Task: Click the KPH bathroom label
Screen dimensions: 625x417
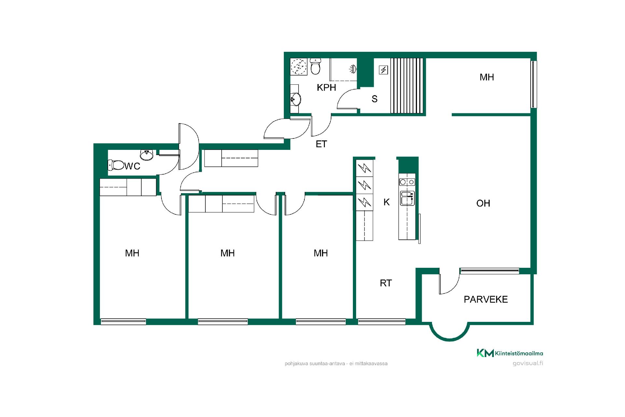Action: [x=326, y=87]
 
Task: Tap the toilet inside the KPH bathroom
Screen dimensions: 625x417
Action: [x=315, y=66]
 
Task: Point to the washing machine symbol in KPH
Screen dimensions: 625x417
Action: [x=299, y=67]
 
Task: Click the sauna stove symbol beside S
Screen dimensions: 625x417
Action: [x=384, y=70]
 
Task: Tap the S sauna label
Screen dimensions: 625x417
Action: [x=374, y=99]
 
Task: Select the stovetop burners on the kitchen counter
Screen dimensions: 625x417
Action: [x=407, y=182]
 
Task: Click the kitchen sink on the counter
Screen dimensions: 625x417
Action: [x=407, y=198]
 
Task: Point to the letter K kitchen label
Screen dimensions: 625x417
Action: [x=387, y=202]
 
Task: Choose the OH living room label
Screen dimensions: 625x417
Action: [x=483, y=203]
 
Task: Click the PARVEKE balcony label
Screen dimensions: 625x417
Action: [x=486, y=299]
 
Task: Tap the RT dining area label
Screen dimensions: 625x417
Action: [x=386, y=283]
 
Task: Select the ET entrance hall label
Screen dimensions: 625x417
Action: [x=321, y=144]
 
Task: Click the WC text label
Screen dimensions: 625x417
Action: [x=132, y=166]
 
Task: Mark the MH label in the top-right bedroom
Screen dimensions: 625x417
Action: [x=487, y=77]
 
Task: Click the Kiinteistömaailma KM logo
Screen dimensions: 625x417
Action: [x=510, y=353]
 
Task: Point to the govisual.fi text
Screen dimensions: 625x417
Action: [x=528, y=363]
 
